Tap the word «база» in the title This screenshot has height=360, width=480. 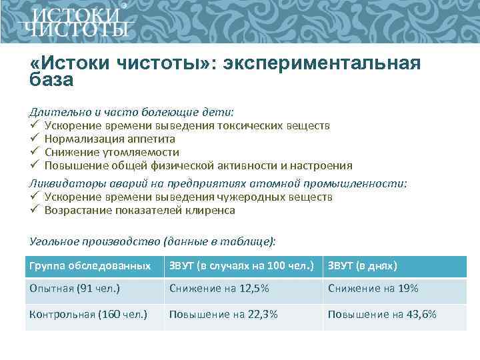pyautogui.click(x=51, y=80)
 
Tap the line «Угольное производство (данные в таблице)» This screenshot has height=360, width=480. pyautogui.click(x=152, y=241)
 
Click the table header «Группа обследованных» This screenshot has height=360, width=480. pyautogui.click(x=90, y=266)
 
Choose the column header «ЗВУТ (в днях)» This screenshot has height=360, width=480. pyautogui.click(x=362, y=266)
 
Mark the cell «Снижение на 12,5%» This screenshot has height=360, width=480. pyautogui.click(x=219, y=289)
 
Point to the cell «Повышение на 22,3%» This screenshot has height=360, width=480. pyautogui.click(x=223, y=314)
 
